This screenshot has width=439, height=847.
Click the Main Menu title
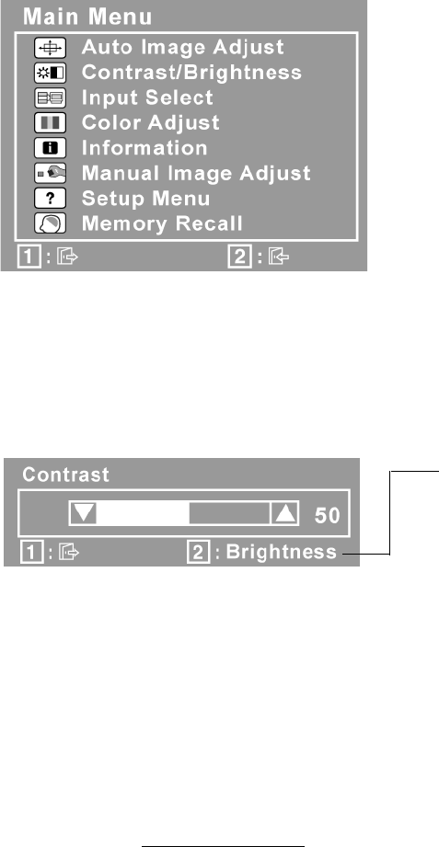[87, 17]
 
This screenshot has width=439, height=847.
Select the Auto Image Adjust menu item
[183, 47]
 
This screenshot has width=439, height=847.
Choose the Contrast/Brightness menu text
[191, 73]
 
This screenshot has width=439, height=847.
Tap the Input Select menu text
[147, 97]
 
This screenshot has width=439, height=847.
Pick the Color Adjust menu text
[150, 122]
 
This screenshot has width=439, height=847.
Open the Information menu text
[144, 148]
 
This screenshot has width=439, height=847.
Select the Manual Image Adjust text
[196, 174]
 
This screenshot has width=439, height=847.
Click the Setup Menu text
[145, 199]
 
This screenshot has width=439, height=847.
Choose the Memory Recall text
[162, 223]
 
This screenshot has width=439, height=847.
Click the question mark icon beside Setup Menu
[51, 199]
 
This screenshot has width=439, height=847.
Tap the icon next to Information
[51, 148]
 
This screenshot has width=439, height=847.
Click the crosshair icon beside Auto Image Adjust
[51, 48]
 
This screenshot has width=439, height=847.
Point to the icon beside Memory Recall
[51, 224]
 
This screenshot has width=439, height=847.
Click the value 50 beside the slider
[327, 516]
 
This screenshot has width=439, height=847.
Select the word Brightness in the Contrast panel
[281, 552]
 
